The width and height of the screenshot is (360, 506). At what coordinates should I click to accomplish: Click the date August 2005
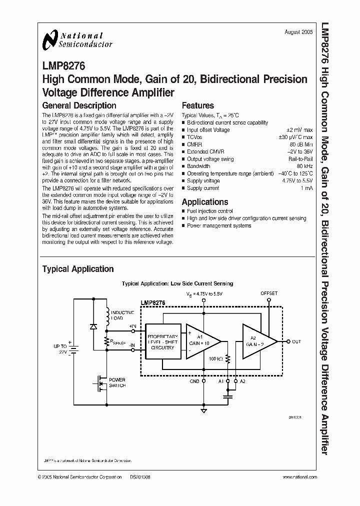click(299, 31)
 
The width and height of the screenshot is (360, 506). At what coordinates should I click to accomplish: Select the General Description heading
click(79, 105)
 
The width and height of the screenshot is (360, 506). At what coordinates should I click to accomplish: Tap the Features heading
click(197, 105)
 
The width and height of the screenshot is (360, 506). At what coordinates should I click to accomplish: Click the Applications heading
click(204, 202)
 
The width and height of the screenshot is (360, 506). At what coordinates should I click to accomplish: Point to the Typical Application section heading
click(78, 269)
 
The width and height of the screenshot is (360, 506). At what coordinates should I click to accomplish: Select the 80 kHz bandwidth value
click(304, 166)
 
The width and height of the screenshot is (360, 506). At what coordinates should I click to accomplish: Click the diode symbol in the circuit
click(93, 326)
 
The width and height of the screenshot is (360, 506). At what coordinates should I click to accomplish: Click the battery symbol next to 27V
click(73, 348)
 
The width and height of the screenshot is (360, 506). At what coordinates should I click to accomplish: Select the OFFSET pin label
click(269, 293)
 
